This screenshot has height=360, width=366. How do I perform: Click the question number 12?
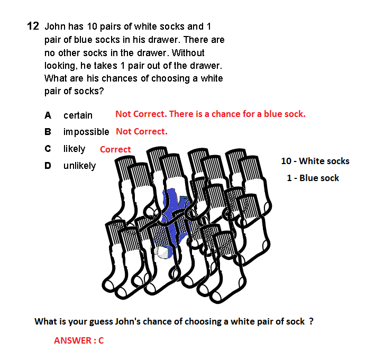(x=33, y=26)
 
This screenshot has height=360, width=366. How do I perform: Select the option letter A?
(x=48, y=115)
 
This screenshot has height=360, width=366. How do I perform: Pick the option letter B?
(x=48, y=132)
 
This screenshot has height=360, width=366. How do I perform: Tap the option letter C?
(x=48, y=149)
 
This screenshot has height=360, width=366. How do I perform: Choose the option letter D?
(x=48, y=166)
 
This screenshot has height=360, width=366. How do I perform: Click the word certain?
(x=78, y=115)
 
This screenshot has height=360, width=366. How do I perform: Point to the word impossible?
(x=86, y=132)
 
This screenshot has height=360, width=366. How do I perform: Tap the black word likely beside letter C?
(x=74, y=149)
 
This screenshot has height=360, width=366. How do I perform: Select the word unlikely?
(x=79, y=166)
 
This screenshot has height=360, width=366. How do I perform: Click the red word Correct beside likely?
(x=115, y=149)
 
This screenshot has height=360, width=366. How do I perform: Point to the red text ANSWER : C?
(x=79, y=340)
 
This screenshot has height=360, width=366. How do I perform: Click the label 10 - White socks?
(x=315, y=161)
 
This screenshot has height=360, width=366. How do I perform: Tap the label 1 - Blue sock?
(x=313, y=178)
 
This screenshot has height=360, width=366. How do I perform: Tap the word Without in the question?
(x=188, y=53)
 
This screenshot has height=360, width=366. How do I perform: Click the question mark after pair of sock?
(x=310, y=321)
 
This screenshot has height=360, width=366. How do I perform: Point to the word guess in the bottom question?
(x=101, y=322)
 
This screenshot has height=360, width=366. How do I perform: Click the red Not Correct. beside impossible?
(x=142, y=131)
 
